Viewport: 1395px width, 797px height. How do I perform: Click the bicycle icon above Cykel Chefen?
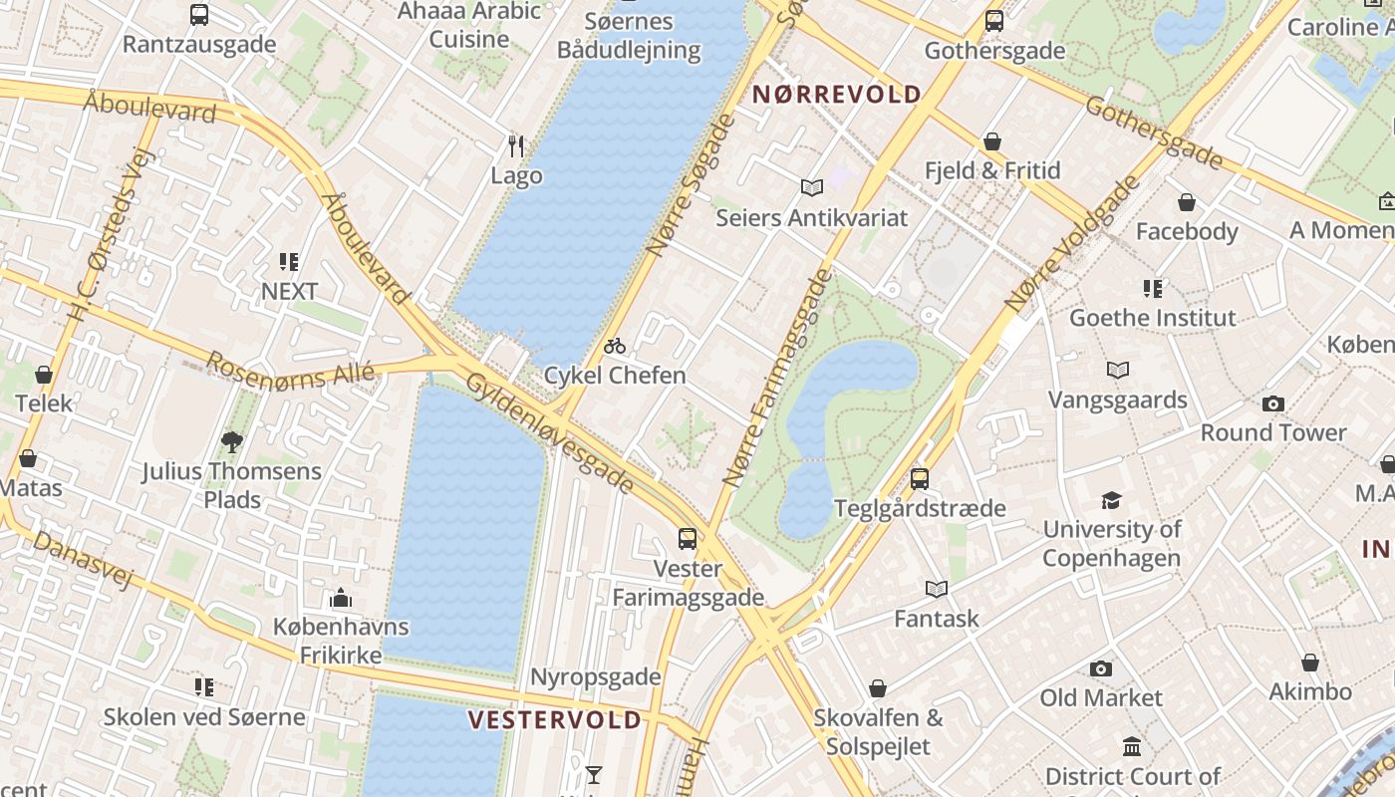click(x=615, y=346)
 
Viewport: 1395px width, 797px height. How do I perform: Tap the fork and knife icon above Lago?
click(x=516, y=146)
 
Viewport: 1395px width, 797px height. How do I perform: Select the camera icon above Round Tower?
click(x=1272, y=403)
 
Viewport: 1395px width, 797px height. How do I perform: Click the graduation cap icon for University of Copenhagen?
click(x=1111, y=500)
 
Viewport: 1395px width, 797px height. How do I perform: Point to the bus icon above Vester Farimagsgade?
click(x=688, y=539)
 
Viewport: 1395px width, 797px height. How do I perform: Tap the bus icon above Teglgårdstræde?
click(x=920, y=478)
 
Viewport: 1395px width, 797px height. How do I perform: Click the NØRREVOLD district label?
click(x=837, y=95)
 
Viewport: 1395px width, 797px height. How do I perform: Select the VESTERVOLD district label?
click(x=555, y=719)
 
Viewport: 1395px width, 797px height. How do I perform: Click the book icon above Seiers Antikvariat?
click(x=812, y=187)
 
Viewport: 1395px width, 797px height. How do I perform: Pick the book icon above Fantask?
click(x=936, y=589)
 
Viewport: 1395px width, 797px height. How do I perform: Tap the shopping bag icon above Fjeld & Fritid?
click(x=991, y=141)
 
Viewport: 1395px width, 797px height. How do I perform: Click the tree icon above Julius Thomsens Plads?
click(x=232, y=441)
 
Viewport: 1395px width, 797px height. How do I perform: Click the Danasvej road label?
click(x=82, y=558)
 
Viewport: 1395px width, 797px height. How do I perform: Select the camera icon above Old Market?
click(x=1101, y=668)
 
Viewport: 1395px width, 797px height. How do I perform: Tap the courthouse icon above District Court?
click(x=1132, y=746)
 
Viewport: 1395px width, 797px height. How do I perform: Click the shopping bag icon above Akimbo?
click(x=1310, y=663)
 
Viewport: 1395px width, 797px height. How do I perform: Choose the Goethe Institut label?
click(x=1152, y=318)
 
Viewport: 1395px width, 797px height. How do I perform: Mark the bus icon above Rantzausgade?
click(x=199, y=15)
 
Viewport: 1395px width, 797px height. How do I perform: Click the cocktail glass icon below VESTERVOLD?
click(x=594, y=774)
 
